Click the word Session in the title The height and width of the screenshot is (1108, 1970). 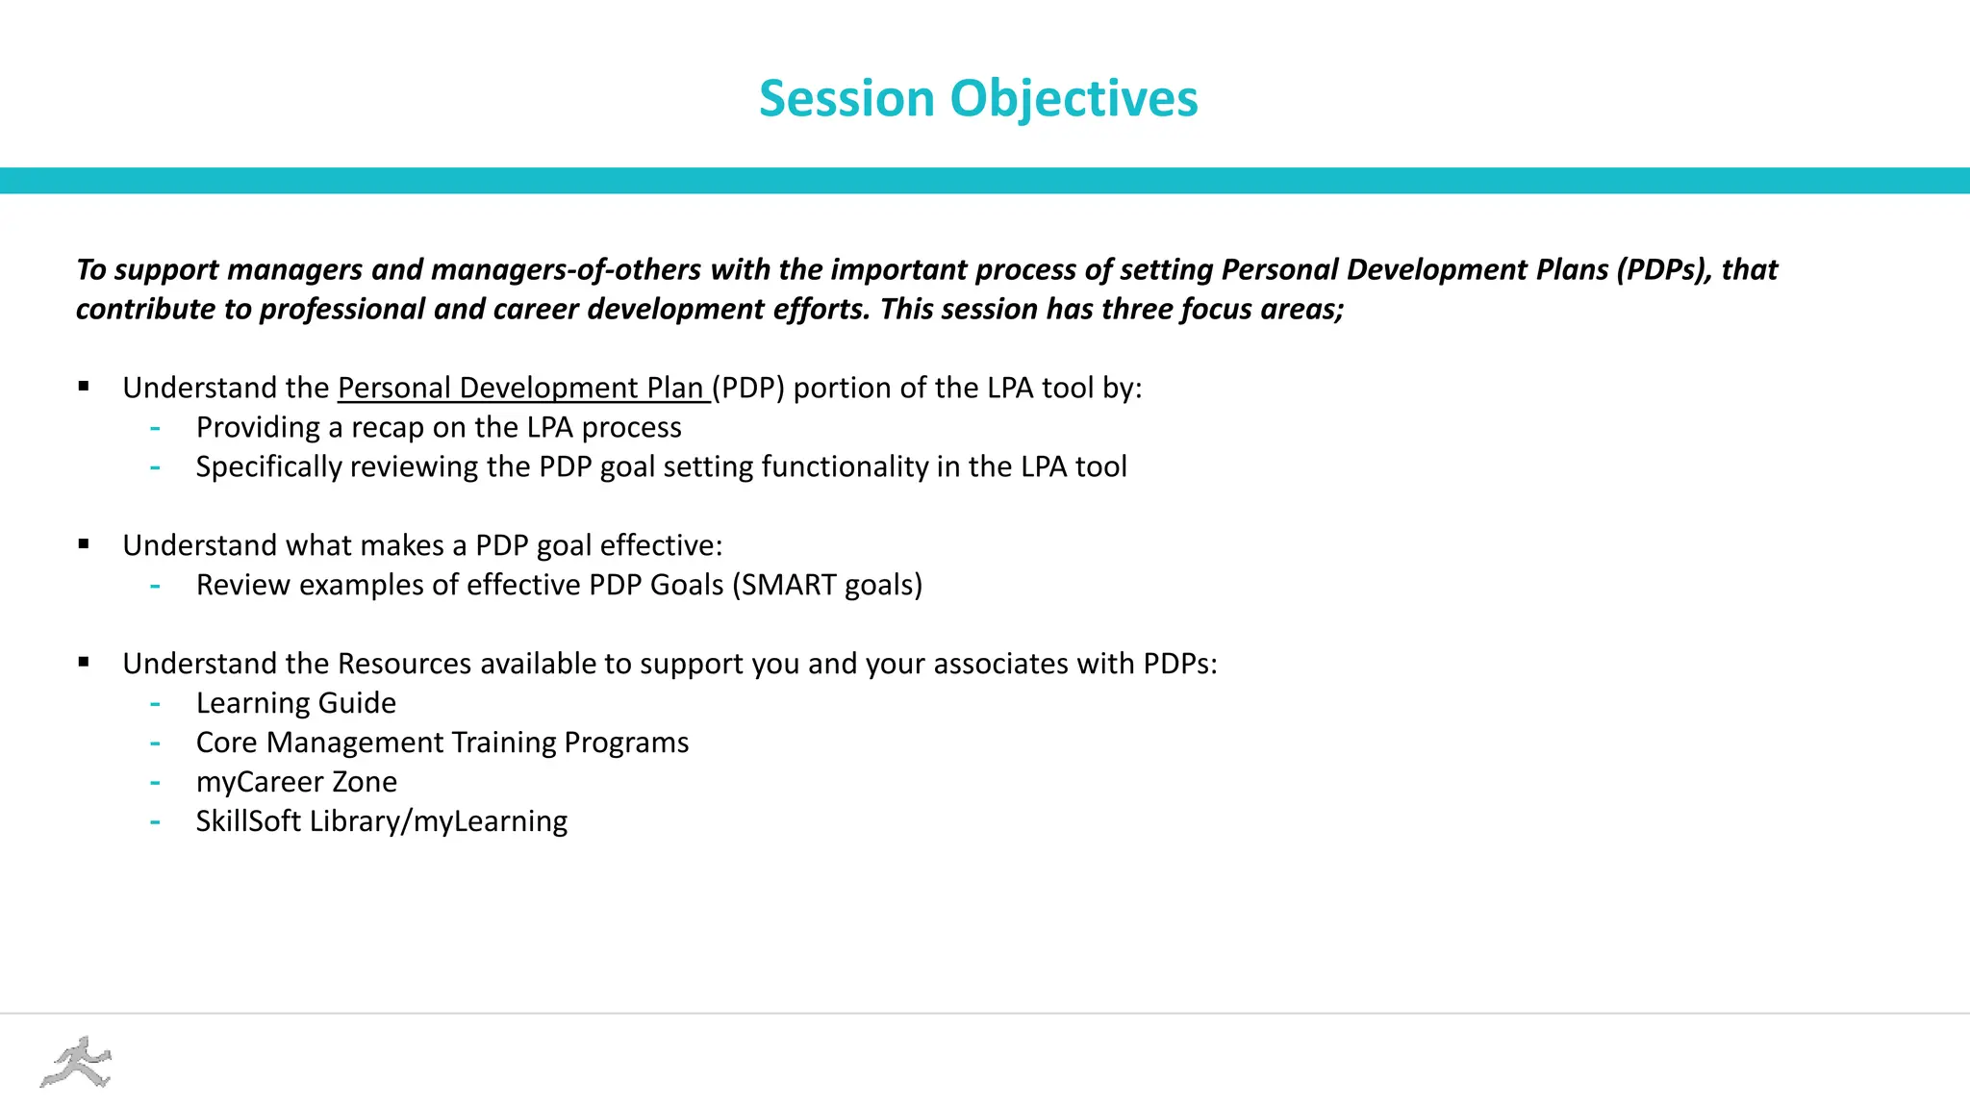(846, 99)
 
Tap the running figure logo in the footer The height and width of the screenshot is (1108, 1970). (76, 1063)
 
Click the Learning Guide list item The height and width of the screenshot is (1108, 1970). (295, 703)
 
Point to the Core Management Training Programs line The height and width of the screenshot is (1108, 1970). (442, 743)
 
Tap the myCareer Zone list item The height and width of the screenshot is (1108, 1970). (296, 782)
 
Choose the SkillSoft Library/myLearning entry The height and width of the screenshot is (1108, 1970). (381, 821)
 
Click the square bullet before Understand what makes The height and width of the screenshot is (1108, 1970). (84, 544)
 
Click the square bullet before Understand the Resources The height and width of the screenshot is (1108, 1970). (84, 663)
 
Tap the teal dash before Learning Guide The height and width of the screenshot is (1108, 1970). (155, 704)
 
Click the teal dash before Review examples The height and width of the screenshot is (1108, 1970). (155, 586)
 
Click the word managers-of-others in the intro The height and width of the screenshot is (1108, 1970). (566, 269)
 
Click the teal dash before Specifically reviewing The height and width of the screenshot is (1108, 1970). (155, 467)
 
